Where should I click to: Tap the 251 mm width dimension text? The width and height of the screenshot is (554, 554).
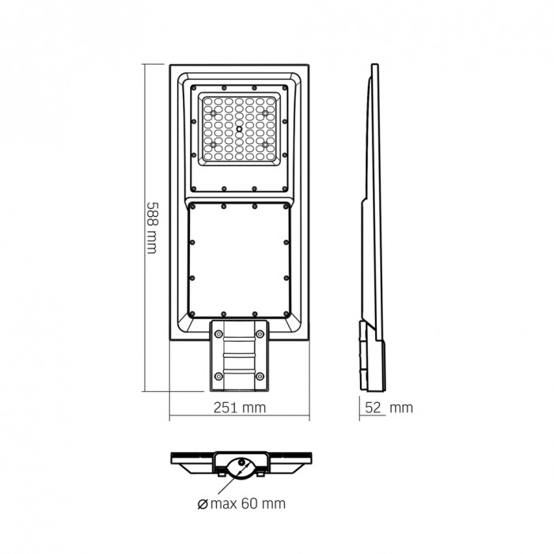(238, 408)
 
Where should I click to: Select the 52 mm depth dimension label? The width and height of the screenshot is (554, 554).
(389, 408)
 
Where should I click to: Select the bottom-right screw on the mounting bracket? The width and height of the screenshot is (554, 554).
(259, 375)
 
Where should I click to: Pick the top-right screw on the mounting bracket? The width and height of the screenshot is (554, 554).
(259, 336)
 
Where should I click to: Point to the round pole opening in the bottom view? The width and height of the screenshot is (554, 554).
(239, 466)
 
